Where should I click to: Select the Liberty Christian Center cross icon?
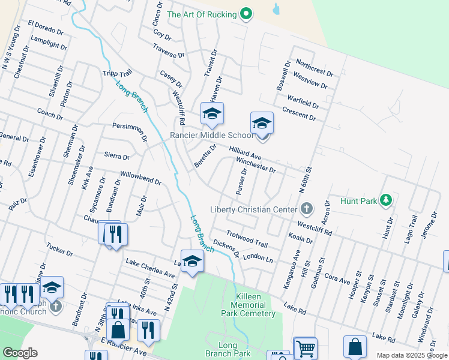coord(306,209)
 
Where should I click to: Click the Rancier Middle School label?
coord(211,135)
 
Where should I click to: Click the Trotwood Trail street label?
coord(247,239)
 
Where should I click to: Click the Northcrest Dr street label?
coord(315,68)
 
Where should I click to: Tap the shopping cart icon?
coord(306,348)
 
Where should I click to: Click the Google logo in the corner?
coord(20,352)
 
